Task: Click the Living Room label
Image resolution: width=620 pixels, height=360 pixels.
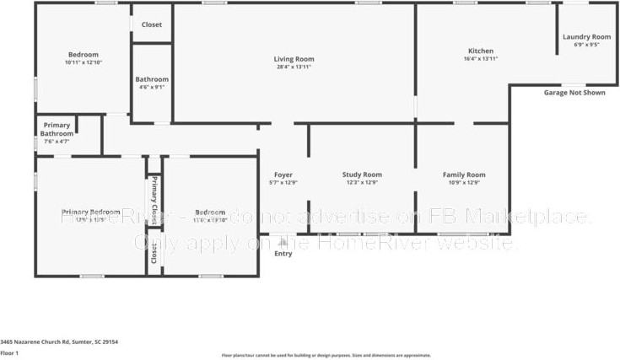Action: click(x=294, y=59)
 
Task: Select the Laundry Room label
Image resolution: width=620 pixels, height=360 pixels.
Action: click(x=586, y=37)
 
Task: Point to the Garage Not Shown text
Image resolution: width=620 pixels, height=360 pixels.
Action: click(x=574, y=93)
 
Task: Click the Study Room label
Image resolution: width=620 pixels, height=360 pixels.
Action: click(x=362, y=175)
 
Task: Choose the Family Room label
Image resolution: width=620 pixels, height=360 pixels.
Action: click(x=464, y=175)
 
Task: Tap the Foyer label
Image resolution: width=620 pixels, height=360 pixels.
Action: click(x=283, y=175)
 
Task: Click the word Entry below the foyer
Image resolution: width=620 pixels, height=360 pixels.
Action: click(x=283, y=253)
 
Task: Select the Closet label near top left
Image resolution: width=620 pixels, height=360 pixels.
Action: click(x=152, y=24)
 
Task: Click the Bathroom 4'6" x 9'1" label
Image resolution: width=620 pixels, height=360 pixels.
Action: click(x=152, y=79)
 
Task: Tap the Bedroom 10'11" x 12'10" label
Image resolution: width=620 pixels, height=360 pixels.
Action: click(x=83, y=55)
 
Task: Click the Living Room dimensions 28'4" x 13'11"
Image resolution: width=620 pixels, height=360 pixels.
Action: click(x=294, y=67)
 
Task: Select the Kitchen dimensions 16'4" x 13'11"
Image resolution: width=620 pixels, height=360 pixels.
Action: click(x=481, y=59)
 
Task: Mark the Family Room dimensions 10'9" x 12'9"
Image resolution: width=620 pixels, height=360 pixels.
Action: click(x=464, y=183)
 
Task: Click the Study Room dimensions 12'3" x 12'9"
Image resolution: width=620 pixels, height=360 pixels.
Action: click(x=362, y=183)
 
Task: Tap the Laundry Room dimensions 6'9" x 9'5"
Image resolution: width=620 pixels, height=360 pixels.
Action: click(x=586, y=46)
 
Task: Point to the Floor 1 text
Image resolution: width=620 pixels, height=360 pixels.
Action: click(x=10, y=352)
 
